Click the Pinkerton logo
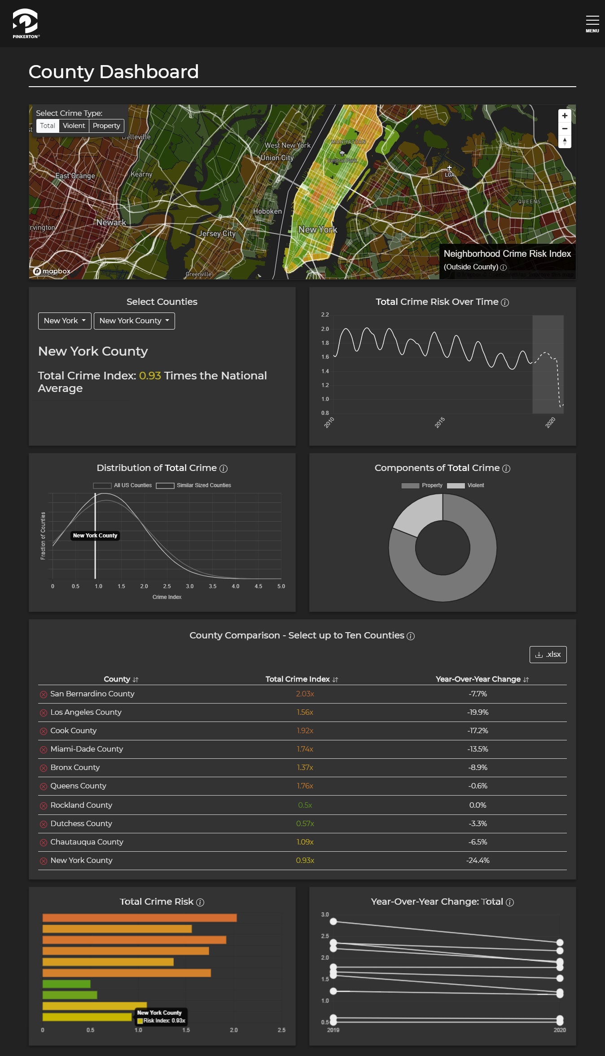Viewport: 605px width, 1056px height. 26,23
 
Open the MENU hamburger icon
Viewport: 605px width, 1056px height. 592,23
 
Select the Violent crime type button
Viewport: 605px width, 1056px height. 74,126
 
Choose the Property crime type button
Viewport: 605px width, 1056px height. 106,126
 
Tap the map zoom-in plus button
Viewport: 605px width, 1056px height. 565,116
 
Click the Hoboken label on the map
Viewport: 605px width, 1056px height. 267,211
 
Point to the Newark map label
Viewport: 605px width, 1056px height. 111,222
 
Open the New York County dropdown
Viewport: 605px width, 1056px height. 134,321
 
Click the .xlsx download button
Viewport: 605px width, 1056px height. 548,654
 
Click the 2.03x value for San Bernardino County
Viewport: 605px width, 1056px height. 305,694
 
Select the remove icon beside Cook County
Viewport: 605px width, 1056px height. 44,731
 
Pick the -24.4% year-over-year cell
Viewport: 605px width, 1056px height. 478,860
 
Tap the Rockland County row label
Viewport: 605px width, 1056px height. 81,805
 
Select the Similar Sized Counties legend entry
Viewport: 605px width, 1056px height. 194,485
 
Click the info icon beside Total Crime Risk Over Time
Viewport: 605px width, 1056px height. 505,303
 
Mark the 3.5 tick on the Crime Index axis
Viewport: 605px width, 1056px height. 213,586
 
